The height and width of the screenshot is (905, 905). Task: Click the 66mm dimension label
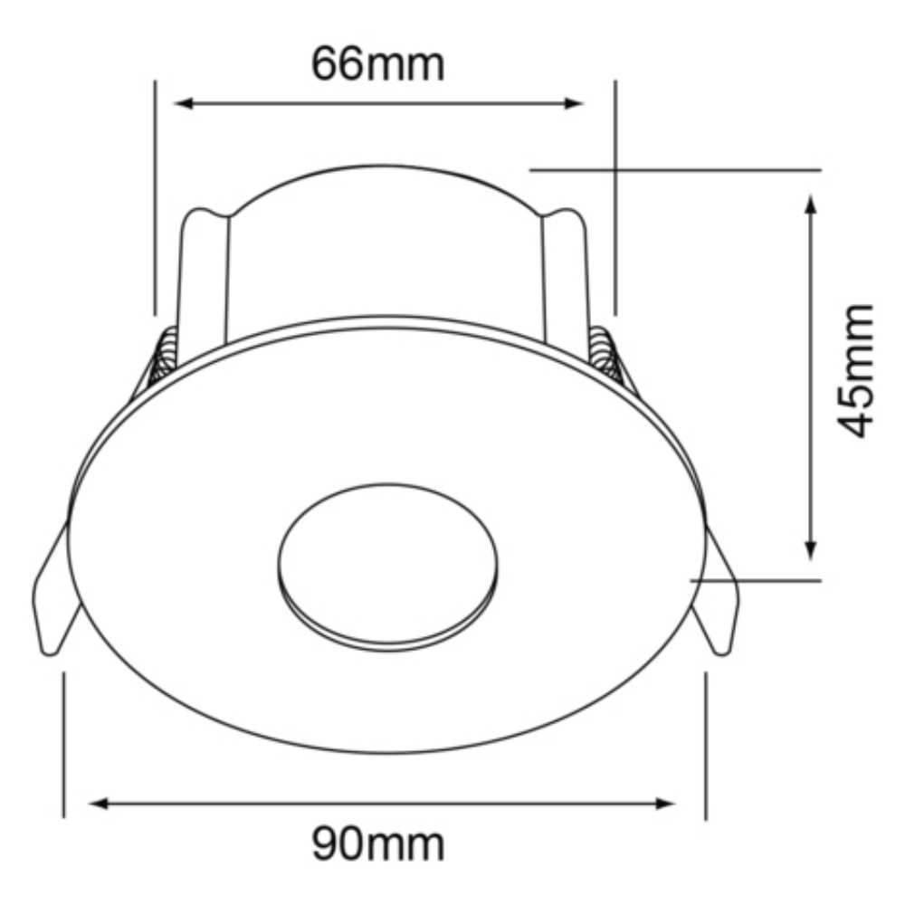378,64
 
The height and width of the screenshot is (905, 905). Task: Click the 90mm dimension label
378,844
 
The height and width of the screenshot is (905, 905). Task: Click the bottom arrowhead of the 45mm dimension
811,549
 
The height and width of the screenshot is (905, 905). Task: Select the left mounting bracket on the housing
203,271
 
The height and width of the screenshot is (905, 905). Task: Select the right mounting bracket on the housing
565,271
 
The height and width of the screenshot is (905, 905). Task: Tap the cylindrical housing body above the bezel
385,244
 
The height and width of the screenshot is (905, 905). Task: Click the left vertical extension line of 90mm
64,742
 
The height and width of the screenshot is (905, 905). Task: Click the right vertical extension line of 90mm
706,742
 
